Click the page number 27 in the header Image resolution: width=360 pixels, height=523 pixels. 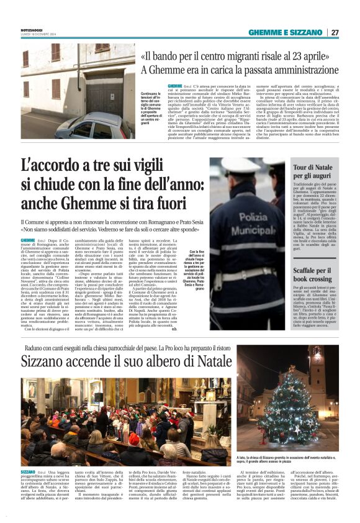tap(335, 32)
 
